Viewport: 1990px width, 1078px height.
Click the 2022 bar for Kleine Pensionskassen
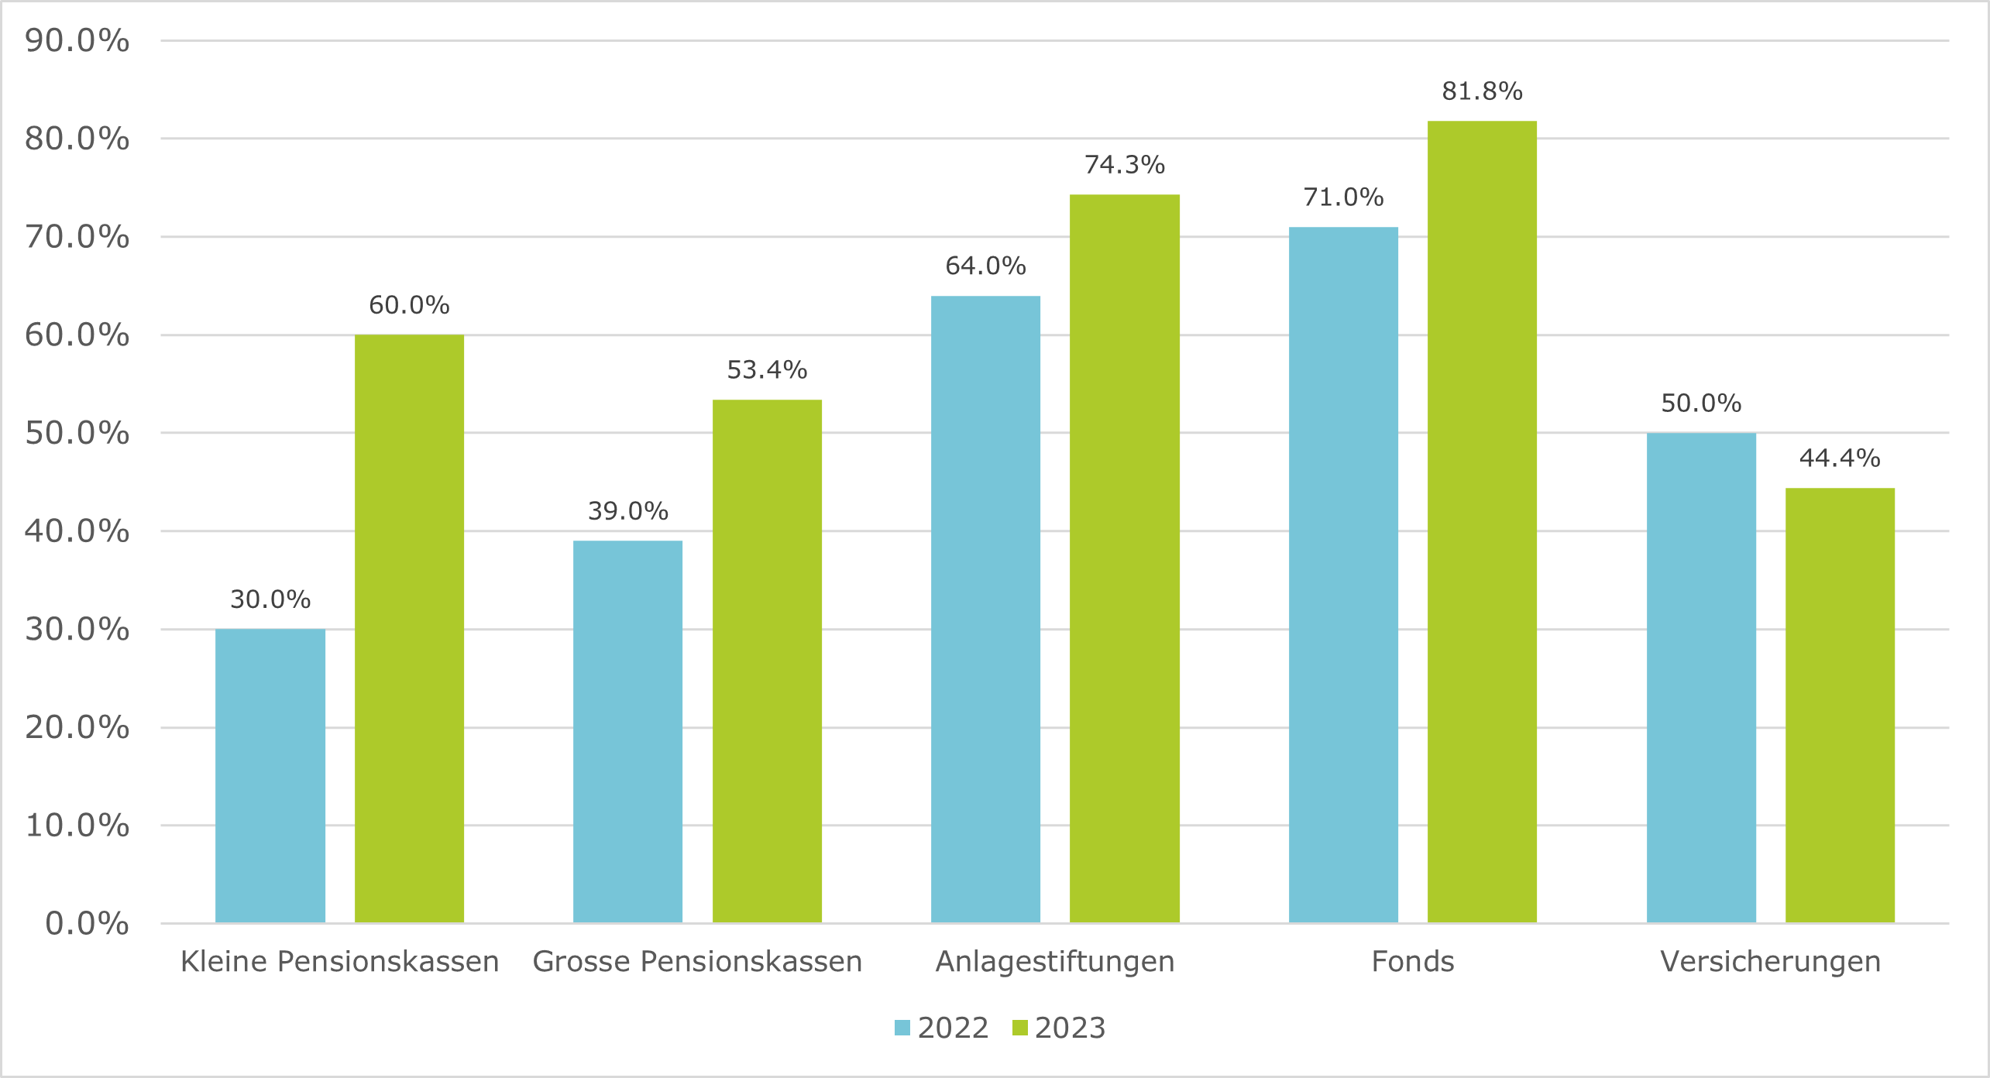[270, 775]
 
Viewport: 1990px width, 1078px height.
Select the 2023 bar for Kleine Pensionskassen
[409, 628]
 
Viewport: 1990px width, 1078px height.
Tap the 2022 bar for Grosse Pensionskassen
[627, 731]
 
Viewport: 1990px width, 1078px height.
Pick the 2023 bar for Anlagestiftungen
[1124, 558]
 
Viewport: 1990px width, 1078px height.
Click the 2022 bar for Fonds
[1343, 575]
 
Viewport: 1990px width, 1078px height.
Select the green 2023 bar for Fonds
[1482, 521]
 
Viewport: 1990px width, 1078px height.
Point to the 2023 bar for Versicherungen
[1840, 705]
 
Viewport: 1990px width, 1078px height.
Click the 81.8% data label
[1482, 91]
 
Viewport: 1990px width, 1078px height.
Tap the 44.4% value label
[1840, 458]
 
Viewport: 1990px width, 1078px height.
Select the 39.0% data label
[627, 511]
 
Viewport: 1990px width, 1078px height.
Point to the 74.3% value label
[1124, 165]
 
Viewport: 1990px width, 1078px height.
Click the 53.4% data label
[767, 370]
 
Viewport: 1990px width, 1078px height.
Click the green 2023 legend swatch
[1020, 1028]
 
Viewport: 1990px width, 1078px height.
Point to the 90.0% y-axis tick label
[77, 41]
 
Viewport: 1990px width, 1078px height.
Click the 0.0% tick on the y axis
[87, 923]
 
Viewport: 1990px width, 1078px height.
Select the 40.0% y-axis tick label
[77, 531]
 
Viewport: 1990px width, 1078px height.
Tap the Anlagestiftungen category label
[1055, 961]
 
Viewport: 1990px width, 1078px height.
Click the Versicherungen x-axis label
[1770, 961]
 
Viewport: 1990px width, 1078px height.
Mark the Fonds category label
[1412, 961]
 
